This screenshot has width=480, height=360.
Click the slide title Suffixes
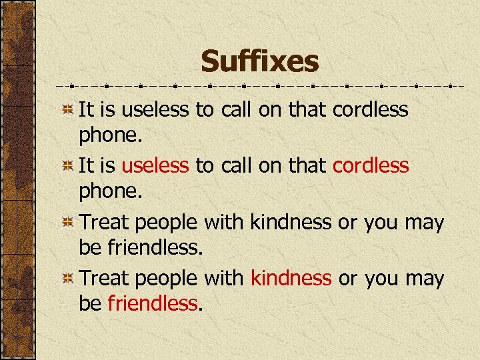pyautogui.click(x=260, y=62)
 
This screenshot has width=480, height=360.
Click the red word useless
pyautogui.click(x=155, y=165)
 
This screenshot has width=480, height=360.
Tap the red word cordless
pyautogui.click(x=371, y=165)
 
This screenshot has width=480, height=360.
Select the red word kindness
pyautogui.click(x=291, y=278)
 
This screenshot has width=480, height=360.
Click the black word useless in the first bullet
pyautogui.click(x=155, y=109)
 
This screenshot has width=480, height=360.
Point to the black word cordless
pyautogui.click(x=371, y=109)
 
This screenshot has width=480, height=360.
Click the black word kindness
pyautogui.click(x=291, y=222)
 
